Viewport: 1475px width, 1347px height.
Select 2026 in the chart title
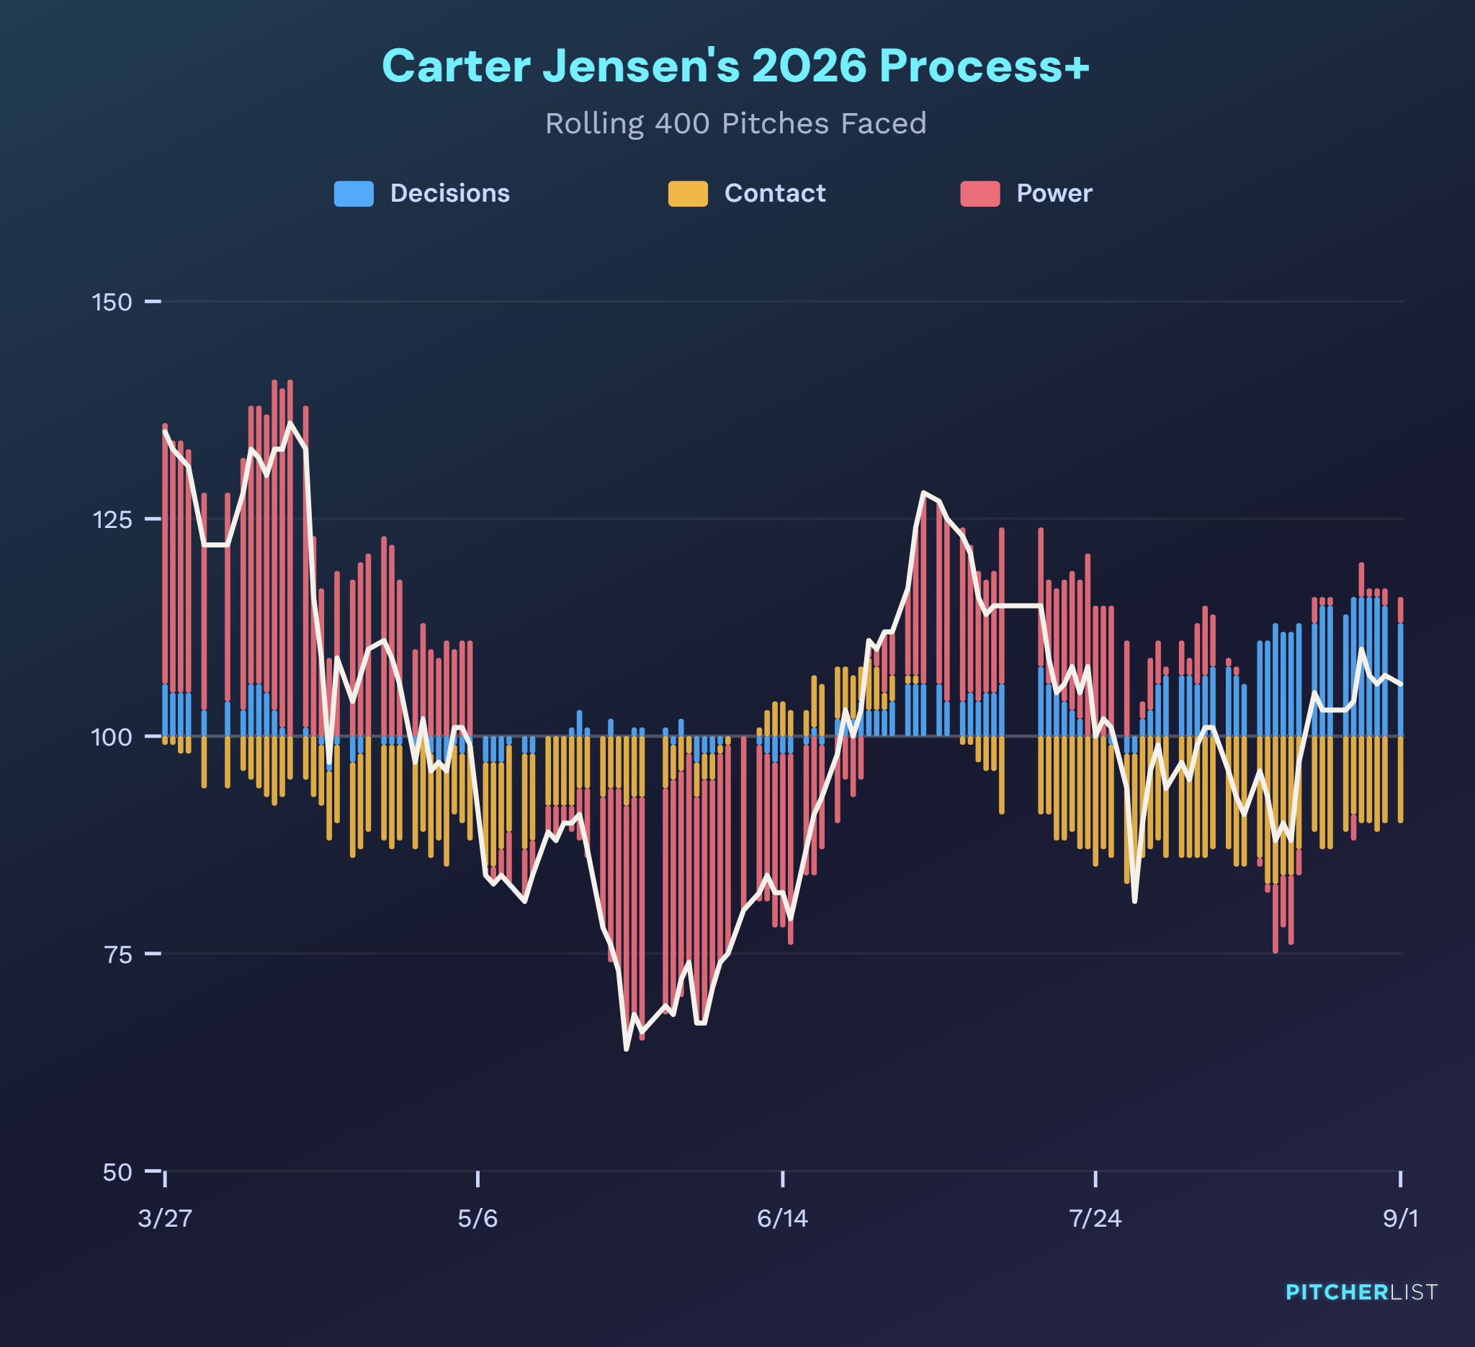click(810, 66)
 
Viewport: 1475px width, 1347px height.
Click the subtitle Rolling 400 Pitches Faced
click(736, 124)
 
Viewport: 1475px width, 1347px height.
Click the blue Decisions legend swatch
click(354, 193)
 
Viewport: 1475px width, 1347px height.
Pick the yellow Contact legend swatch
click(688, 193)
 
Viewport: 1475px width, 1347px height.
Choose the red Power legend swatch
click(980, 193)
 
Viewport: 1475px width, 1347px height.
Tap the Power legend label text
click(1054, 193)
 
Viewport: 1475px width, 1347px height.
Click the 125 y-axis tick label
click(112, 519)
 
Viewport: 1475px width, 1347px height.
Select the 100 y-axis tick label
click(112, 736)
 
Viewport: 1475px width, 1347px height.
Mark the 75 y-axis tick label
click(117, 954)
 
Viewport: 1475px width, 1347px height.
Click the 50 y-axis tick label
click(117, 1171)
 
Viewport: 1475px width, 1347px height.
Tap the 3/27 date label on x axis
click(166, 1218)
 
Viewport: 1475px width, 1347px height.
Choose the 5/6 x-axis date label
click(478, 1218)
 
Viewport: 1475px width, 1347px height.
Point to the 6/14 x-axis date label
click(783, 1218)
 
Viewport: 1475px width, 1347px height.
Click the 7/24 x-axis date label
click(1095, 1218)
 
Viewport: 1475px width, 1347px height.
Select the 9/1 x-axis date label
click(1400, 1218)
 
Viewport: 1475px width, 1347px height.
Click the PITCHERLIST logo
click(1362, 1292)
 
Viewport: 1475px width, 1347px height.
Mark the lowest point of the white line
click(627, 1050)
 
